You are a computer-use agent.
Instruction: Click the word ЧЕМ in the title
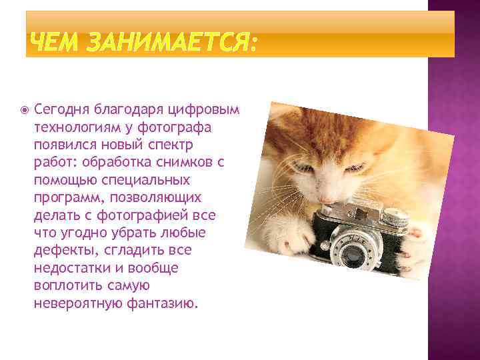point(53,45)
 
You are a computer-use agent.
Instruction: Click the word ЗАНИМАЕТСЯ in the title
point(168,45)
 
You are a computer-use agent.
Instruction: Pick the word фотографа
point(178,126)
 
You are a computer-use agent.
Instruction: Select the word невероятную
point(76,303)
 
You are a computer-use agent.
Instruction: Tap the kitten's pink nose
point(327,199)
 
